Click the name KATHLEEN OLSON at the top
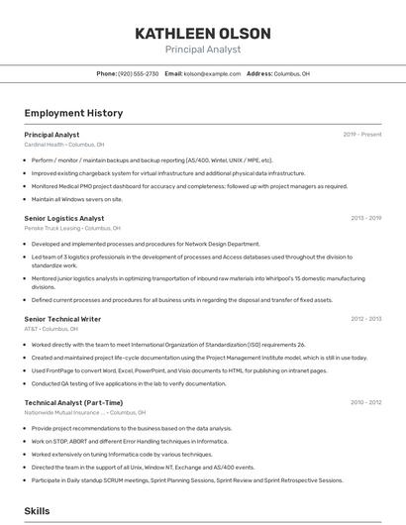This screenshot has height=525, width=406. click(202, 33)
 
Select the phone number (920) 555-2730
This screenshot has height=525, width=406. click(138, 73)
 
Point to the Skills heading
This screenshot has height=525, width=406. click(37, 511)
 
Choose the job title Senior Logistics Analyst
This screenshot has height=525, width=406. click(63, 218)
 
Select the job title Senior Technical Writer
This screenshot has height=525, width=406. click(62, 319)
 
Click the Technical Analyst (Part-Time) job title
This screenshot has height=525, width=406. click(73, 402)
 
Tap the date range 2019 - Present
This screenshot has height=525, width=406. click(361, 134)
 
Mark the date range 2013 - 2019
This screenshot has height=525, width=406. click(365, 218)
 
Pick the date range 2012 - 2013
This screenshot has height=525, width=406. click(365, 319)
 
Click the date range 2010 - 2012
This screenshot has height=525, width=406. click(365, 402)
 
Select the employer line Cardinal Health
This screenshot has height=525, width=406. click(63, 145)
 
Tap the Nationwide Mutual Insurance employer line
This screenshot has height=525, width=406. click(84, 412)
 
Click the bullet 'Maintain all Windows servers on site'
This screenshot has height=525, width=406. click(77, 199)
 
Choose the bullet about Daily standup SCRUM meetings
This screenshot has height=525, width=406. click(187, 479)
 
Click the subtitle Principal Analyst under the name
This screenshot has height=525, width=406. click(202, 50)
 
